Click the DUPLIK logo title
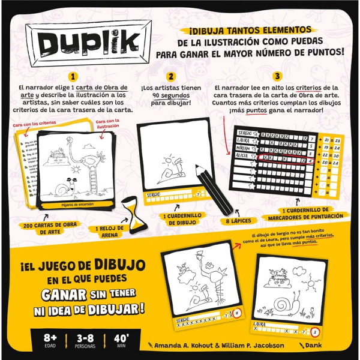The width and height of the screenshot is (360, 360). [x=90, y=40]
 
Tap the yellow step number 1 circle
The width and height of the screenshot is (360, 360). [x=73, y=77]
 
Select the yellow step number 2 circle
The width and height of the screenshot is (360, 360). [x=171, y=77]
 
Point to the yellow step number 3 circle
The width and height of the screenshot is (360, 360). [x=277, y=77]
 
